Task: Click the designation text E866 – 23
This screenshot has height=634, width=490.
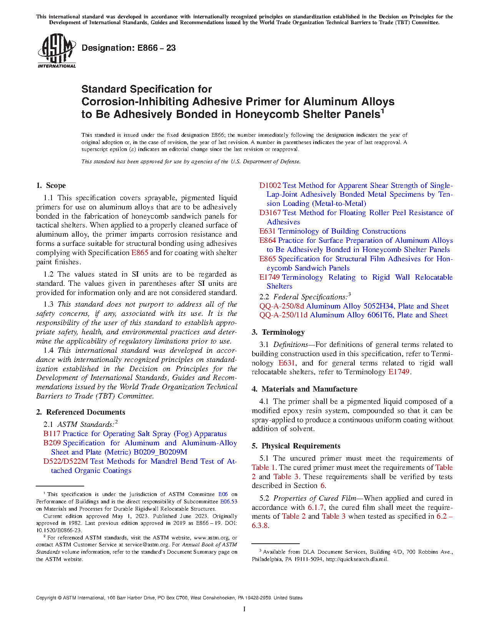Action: click(x=128, y=48)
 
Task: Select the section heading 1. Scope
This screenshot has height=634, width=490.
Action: click(x=51, y=186)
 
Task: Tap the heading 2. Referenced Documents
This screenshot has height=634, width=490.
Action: click(x=80, y=412)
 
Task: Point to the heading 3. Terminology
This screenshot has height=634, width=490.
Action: click(x=278, y=332)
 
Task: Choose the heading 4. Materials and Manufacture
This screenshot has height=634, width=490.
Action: click(x=304, y=389)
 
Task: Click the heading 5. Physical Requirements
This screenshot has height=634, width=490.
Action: click(x=296, y=446)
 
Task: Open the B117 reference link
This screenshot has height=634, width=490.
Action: click(x=52, y=434)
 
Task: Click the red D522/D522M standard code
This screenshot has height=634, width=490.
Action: click(x=66, y=461)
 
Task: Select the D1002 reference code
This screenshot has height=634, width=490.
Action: click(x=270, y=186)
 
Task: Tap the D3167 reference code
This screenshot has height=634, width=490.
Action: click(x=270, y=213)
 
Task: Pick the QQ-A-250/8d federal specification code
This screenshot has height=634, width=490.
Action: click(x=281, y=306)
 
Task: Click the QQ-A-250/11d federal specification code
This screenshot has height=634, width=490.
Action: click(x=283, y=315)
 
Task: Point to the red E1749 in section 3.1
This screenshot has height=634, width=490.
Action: click(x=399, y=372)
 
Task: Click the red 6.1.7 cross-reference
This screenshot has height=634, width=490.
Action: click(x=316, y=508)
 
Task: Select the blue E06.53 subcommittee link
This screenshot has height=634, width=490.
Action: click(x=228, y=501)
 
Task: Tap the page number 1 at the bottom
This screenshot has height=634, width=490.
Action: click(x=244, y=609)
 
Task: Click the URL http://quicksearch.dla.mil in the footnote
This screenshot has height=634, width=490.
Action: click(x=356, y=559)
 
